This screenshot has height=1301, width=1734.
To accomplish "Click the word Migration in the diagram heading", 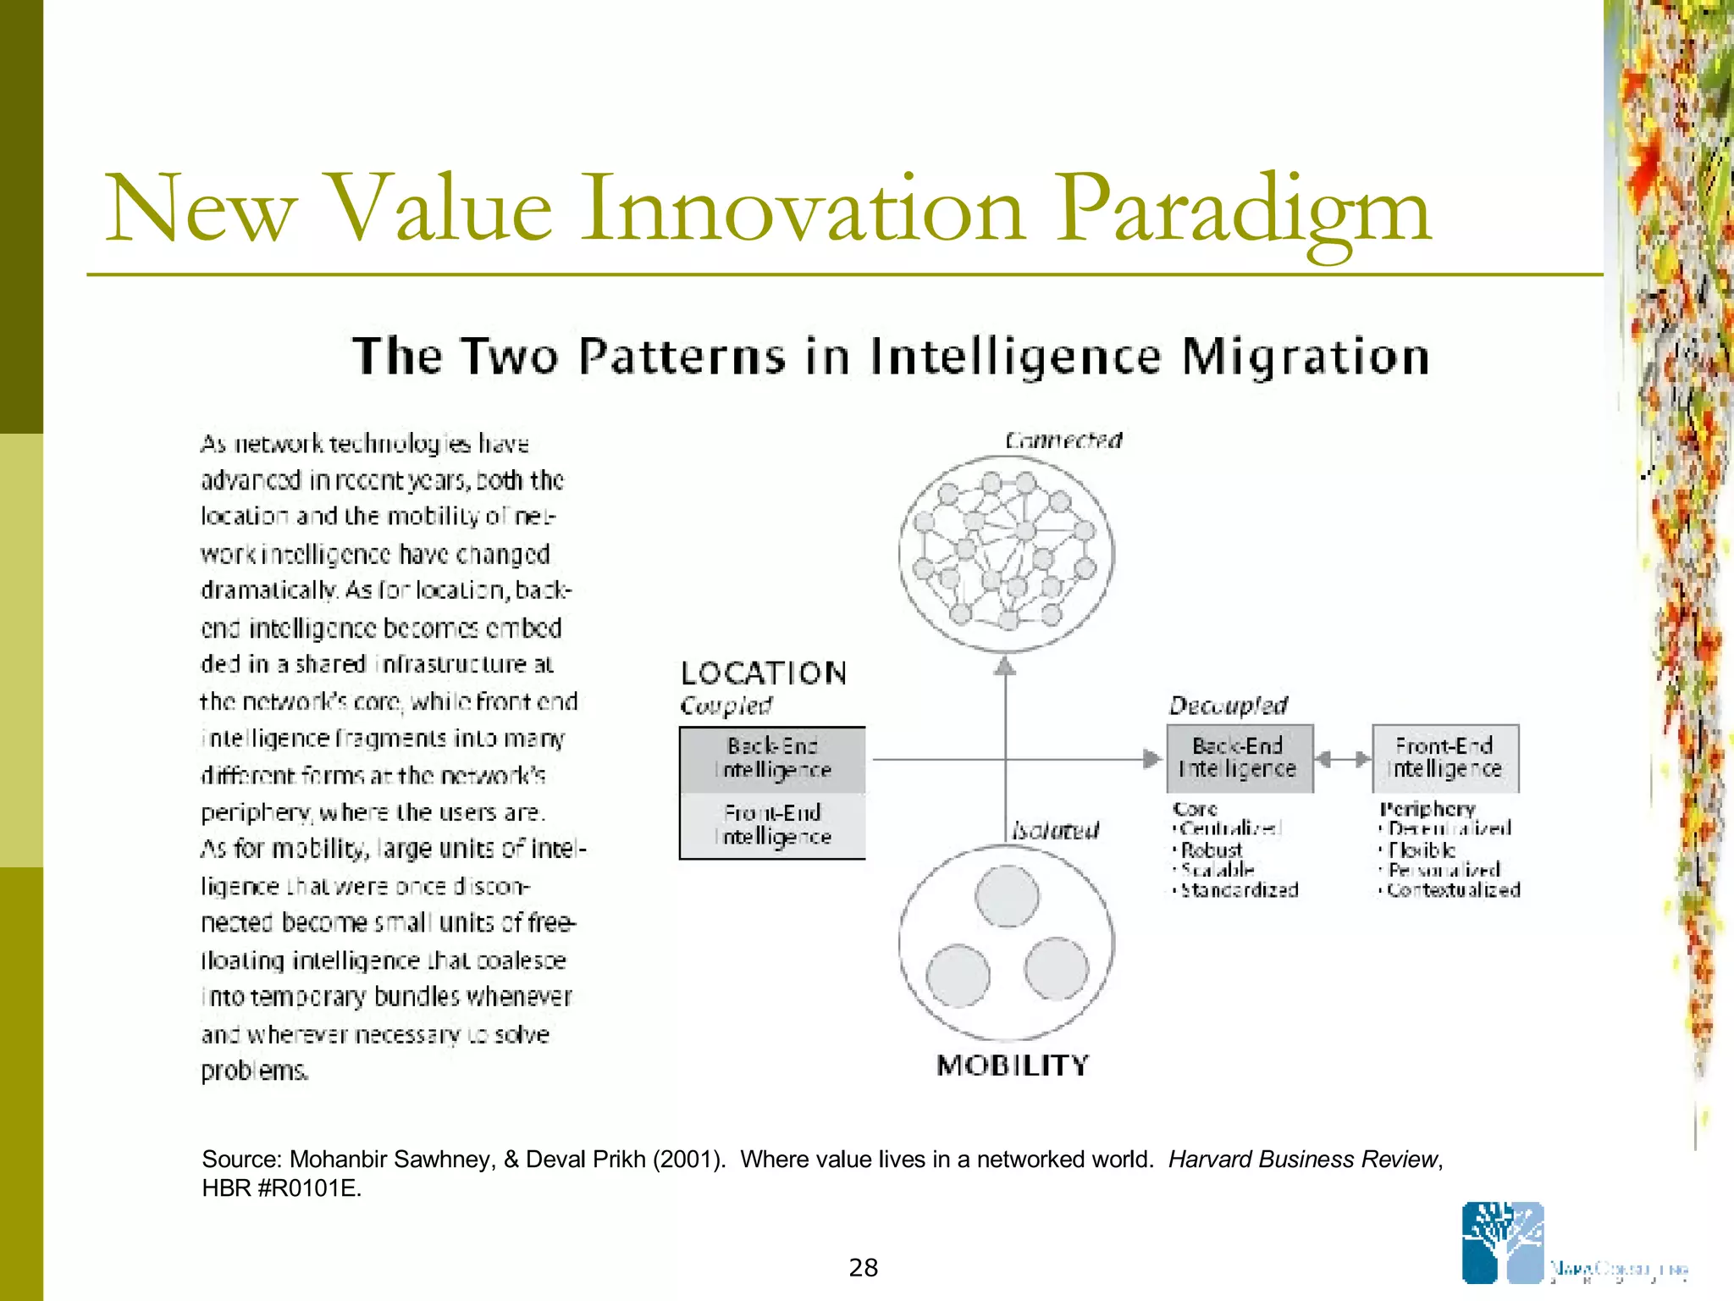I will click(1305, 356).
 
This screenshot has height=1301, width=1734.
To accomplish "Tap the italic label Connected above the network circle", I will click(1063, 440).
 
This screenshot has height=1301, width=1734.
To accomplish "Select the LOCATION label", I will click(764, 673).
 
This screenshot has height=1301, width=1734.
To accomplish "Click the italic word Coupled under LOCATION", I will click(726, 706).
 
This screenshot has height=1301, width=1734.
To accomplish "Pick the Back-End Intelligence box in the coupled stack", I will click(772, 759).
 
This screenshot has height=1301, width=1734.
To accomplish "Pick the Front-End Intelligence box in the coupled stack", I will click(772, 825).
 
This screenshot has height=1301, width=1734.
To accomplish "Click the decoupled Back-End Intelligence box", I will click(1239, 758).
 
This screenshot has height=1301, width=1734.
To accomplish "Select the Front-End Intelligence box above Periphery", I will click(1444, 758).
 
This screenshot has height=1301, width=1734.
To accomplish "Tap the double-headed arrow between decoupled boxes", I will click(1343, 759).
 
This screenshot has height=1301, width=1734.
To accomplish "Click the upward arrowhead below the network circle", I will click(1005, 667).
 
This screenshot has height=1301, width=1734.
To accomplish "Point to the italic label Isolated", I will click(1056, 830).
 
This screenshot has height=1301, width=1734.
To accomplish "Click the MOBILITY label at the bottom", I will click(1013, 1066).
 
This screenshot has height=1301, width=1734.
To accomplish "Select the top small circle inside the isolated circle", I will click(1007, 896).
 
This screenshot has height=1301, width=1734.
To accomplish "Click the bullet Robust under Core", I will click(1212, 850).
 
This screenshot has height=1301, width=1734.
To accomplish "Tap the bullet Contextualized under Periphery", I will click(1453, 890).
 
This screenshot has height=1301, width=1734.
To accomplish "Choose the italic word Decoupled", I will click(1228, 706).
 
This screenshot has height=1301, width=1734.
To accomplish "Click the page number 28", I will click(864, 1268).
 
